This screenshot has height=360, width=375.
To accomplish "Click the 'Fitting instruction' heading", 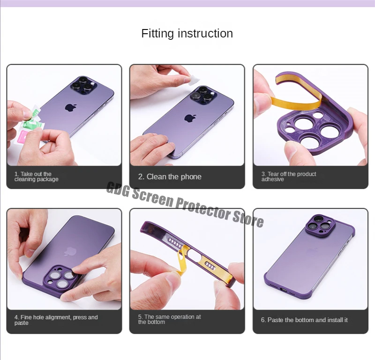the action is click(187, 33).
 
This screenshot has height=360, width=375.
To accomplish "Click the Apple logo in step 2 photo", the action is click(190, 118).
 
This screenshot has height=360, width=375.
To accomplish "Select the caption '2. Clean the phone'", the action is click(170, 177).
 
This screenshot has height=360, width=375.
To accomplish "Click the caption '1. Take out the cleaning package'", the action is click(37, 176).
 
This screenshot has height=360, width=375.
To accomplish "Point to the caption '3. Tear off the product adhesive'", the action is click(289, 176).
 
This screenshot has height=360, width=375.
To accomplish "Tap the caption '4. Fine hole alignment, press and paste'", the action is click(56, 320).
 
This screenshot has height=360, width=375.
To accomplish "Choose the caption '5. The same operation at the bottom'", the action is click(169, 319).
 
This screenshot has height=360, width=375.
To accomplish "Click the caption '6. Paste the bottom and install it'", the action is click(304, 320).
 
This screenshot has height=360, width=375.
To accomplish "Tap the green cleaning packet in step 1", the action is click(33, 121).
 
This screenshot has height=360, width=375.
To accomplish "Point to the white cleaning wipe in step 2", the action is click(193, 80).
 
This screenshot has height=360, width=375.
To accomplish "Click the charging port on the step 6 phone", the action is click(284, 290).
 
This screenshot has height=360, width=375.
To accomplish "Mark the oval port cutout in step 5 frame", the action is click(194, 255).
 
